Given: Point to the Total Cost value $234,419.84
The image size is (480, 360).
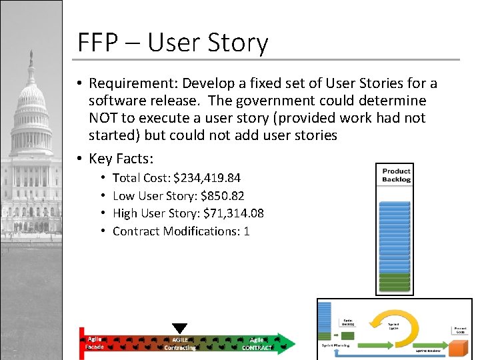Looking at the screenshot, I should [207, 178].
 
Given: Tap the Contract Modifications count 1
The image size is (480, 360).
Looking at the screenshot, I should [246, 231].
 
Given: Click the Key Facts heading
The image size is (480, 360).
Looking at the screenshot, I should [121, 159].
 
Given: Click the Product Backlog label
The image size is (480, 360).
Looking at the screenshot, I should [396, 175].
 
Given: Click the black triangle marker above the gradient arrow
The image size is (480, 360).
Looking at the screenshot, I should [179, 328].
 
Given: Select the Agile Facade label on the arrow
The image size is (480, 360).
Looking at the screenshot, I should [95, 343].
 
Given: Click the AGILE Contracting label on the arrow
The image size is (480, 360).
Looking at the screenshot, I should [180, 344].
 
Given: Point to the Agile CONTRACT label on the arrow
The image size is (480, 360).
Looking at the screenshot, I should [257, 344].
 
